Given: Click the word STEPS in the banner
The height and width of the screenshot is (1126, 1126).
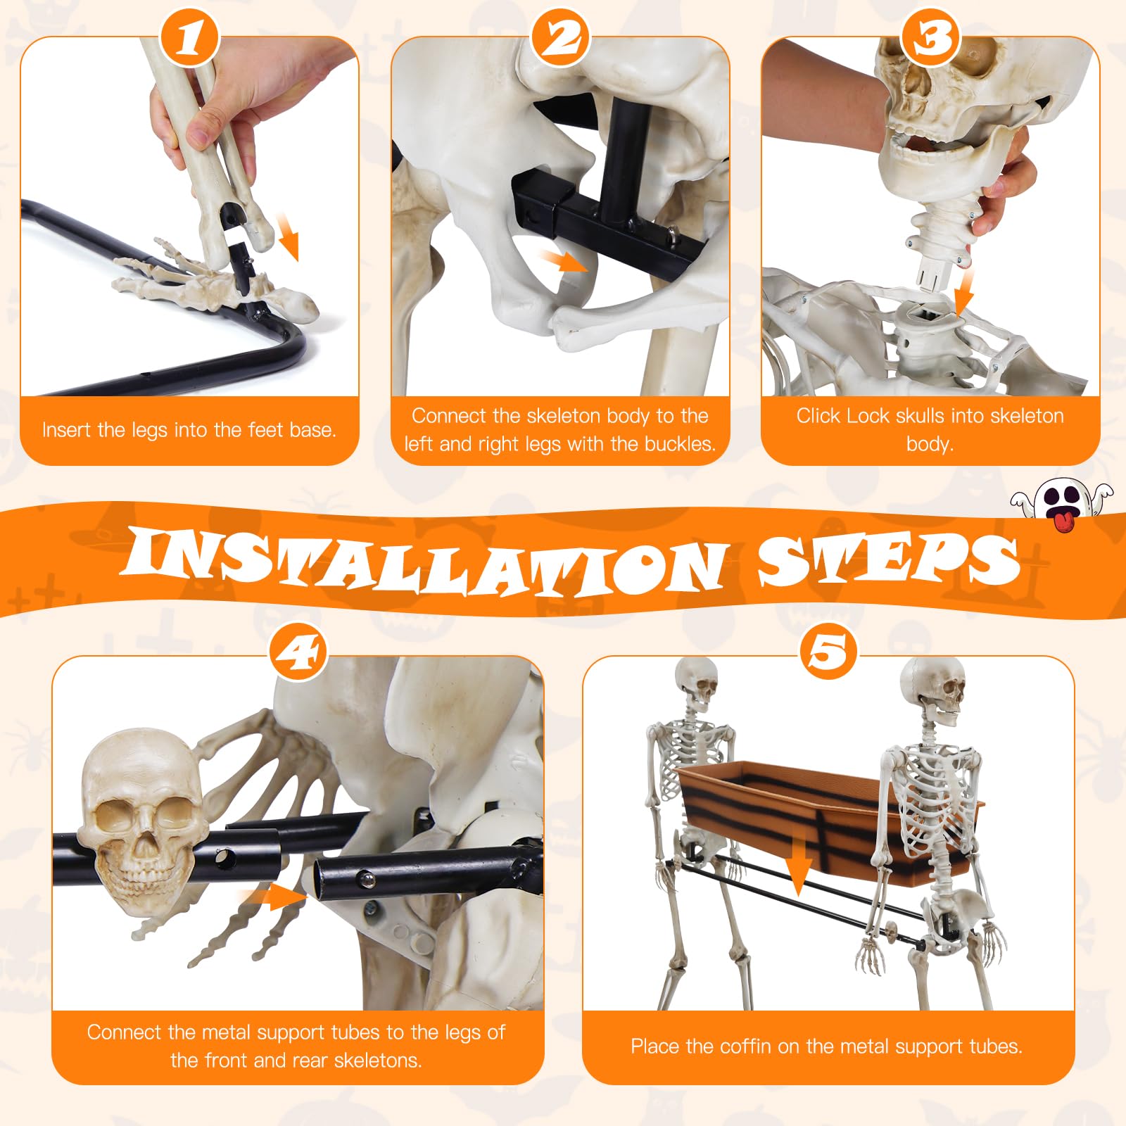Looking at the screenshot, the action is point(889,559).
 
